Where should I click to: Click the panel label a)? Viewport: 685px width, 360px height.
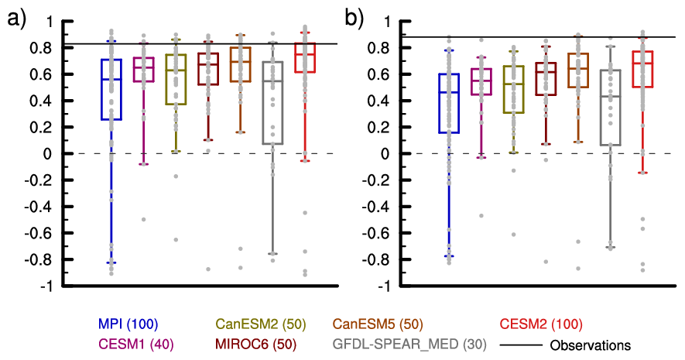coord(17,18)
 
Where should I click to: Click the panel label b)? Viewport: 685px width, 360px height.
coord(355,18)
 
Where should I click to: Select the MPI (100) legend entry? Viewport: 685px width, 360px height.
coord(128,324)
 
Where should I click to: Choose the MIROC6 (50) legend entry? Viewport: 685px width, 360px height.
coord(259,344)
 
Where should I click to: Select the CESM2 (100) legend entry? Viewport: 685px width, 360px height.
coord(539,324)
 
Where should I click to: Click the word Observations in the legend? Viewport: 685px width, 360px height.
coord(589,344)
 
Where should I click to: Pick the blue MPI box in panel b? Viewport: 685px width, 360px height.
coord(449,103)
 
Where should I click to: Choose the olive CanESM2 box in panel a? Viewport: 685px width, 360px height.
coord(176,79)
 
